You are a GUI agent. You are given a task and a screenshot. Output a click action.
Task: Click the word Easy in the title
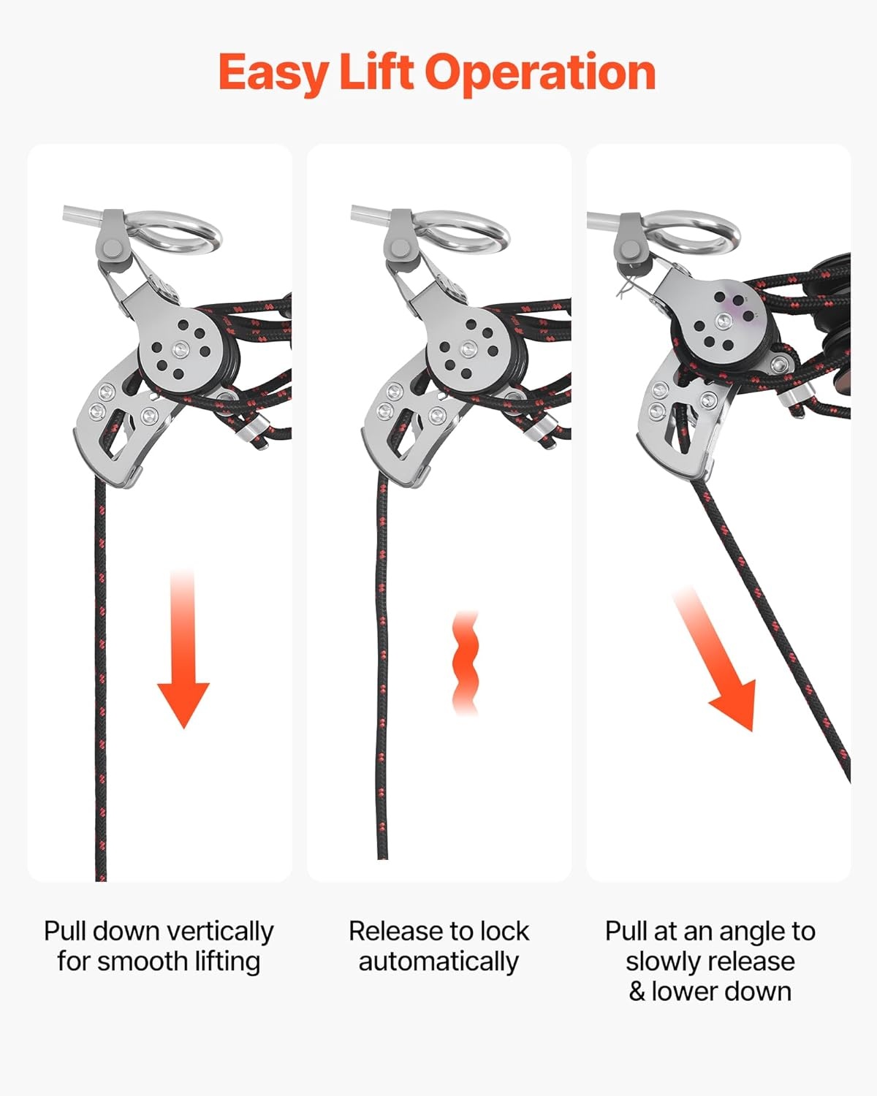pyautogui.click(x=273, y=75)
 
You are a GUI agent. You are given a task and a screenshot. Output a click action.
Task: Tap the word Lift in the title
pyautogui.click(x=376, y=72)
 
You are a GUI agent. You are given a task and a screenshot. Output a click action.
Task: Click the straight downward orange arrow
pyautogui.click(x=183, y=650)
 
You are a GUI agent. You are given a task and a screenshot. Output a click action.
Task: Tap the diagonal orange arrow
pyautogui.click(x=715, y=660)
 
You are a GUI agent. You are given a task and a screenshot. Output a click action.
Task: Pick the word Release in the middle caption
pyautogui.click(x=392, y=931)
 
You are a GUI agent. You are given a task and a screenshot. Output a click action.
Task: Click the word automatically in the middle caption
pyautogui.click(x=438, y=962)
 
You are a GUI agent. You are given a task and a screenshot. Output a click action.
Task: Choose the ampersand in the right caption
pyautogui.click(x=637, y=992)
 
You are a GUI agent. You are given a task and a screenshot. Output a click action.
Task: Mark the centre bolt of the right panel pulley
pyautogui.click(x=724, y=321)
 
